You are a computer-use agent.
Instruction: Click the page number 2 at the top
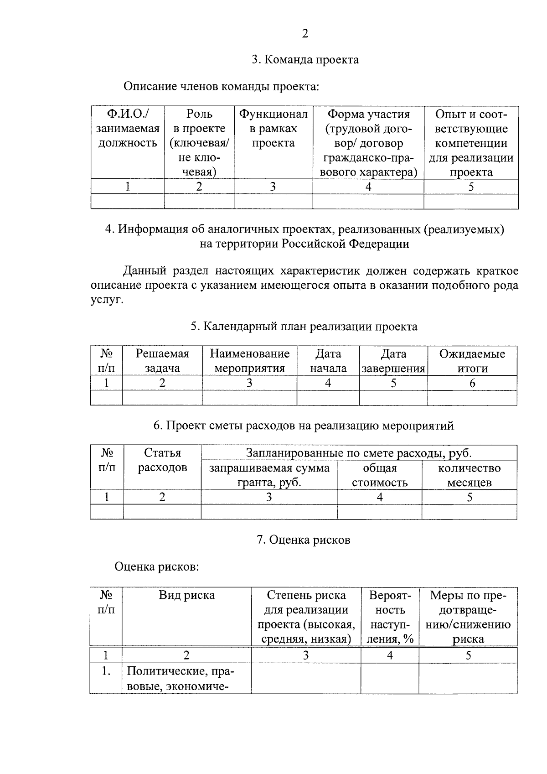pyautogui.click(x=305, y=34)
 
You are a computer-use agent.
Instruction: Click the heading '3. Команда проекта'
pyautogui.click(x=305, y=60)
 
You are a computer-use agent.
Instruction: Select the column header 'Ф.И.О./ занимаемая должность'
pyautogui.click(x=128, y=129)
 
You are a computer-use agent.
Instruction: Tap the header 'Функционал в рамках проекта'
pyautogui.click(x=273, y=129)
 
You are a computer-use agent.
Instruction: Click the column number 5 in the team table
pyautogui.click(x=471, y=187)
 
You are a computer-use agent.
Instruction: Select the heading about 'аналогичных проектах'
pyautogui.click(x=304, y=236)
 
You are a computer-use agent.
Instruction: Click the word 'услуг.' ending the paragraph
pyautogui.click(x=107, y=300)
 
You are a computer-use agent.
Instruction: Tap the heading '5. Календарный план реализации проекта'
pyautogui.click(x=304, y=327)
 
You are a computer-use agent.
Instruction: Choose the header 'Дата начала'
pyautogui.click(x=328, y=361)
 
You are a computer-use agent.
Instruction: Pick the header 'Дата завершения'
pyautogui.click(x=393, y=361)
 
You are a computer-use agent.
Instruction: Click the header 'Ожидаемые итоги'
pyautogui.click(x=472, y=361)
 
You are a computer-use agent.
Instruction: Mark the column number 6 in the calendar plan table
pyautogui.click(x=472, y=383)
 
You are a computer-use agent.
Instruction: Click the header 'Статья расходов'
pyautogui.click(x=162, y=460)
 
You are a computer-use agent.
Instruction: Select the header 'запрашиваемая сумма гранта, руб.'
pyautogui.click(x=269, y=475)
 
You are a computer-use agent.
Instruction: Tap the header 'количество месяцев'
pyautogui.click(x=469, y=475)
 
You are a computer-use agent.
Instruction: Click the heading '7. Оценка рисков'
pyautogui.click(x=304, y=540)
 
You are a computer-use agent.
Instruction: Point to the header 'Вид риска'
pyautogui.click(x=186, y=595)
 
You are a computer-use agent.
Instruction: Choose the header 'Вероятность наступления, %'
pyautogui.click(x=390, y=617)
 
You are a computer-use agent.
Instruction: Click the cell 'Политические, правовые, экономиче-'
pyautogui.click(x=186, y=678)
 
